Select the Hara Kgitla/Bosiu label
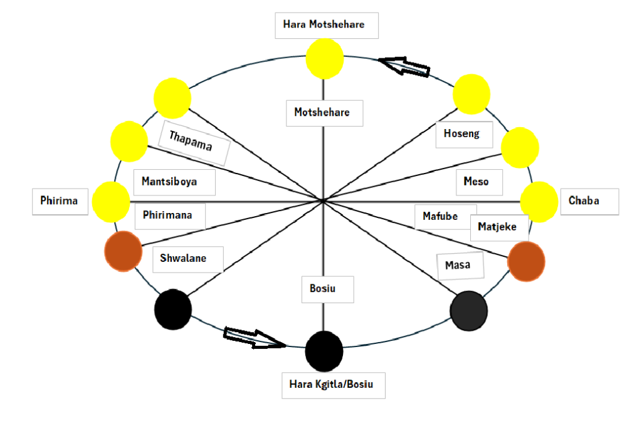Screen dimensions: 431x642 coord(333,384)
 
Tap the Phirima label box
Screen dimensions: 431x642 coord(60,201)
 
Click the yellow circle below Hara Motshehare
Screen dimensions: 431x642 coord(325,59)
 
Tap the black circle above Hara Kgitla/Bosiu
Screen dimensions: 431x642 coord(324,351)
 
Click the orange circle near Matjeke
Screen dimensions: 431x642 coord(526,262)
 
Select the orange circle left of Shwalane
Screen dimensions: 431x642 coord(123,251)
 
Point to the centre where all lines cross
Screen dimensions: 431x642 coord(324,201)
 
